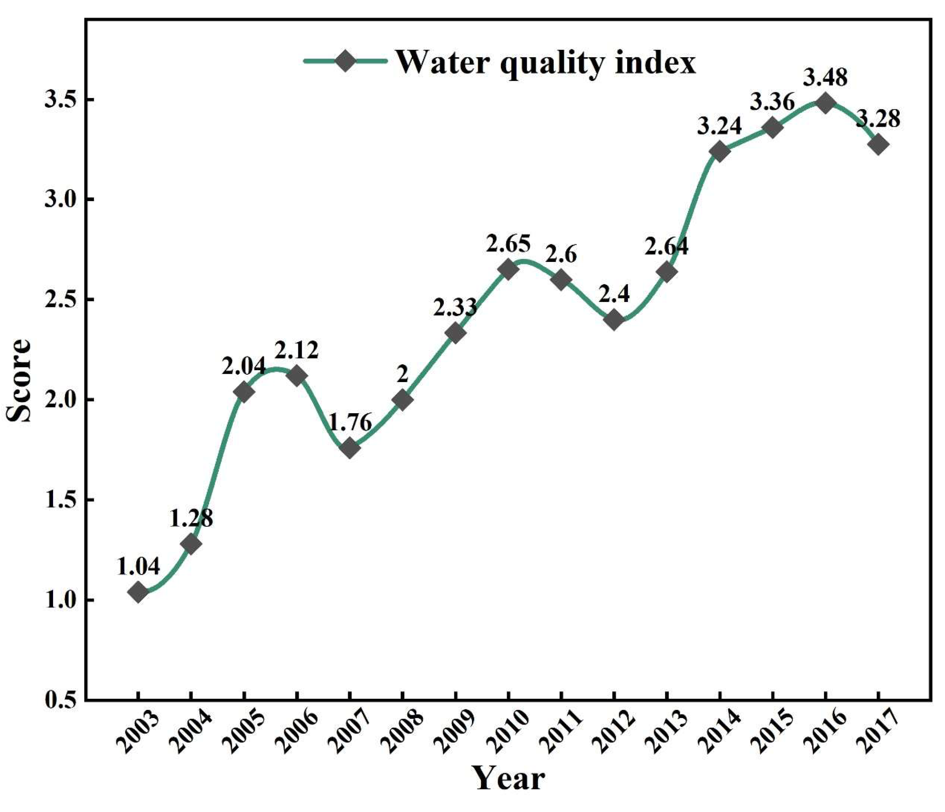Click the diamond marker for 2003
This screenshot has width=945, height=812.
click(x=138, y=593)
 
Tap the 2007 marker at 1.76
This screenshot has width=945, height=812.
click(x=350, y=447)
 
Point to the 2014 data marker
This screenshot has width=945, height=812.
click(x=720, y=152)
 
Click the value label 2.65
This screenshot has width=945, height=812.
click(x=508, y=244)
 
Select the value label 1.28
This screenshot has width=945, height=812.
click(x=191, y=518)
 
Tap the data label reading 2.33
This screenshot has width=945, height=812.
click(x=455, y=307)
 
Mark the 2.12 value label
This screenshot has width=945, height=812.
click(x=297, y=350)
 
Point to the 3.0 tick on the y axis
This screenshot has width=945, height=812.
click(x=59, y=200)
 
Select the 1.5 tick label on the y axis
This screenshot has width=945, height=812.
click(x=59, y=500)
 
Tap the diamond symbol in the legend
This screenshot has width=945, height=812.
click(x=345, y=61)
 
